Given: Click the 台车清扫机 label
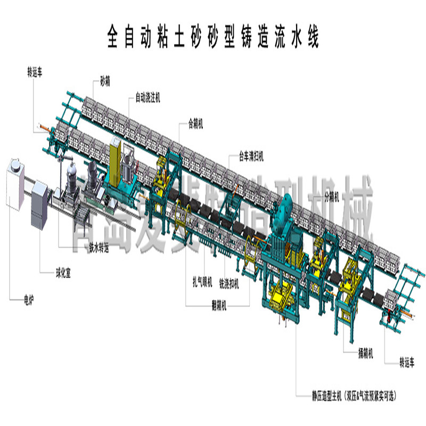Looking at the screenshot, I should pyautogui.click(x=250, y=157).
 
